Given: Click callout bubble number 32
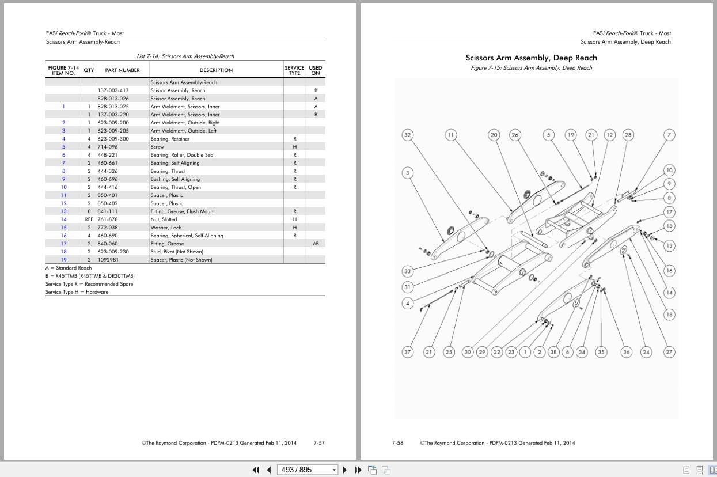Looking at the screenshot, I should pos(408,135).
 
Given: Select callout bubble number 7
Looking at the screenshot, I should pos(669,135).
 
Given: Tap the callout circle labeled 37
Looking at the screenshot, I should pos(408,352).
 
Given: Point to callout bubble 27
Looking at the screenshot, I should pos(669,352).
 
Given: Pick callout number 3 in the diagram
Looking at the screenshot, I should pos(408,173).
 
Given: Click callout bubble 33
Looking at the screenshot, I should pos(408,271).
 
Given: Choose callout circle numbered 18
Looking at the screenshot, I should pos(669,315).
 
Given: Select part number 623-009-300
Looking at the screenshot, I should pos(113,139).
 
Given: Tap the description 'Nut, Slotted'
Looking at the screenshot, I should pos(164,219).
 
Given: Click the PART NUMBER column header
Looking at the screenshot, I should pos(122,70).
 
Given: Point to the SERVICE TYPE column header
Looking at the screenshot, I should pos(294,70).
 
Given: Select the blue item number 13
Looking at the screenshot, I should pos(64,211).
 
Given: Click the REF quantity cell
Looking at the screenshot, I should pos(89,219).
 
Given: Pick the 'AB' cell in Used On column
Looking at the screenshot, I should pos(316,244).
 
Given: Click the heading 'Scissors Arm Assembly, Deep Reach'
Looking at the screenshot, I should pos(531,58).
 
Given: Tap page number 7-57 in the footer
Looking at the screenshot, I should pos(319,443).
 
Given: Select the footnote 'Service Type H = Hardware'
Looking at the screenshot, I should pos(77,292).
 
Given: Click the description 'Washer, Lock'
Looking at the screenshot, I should pos(164,228).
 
